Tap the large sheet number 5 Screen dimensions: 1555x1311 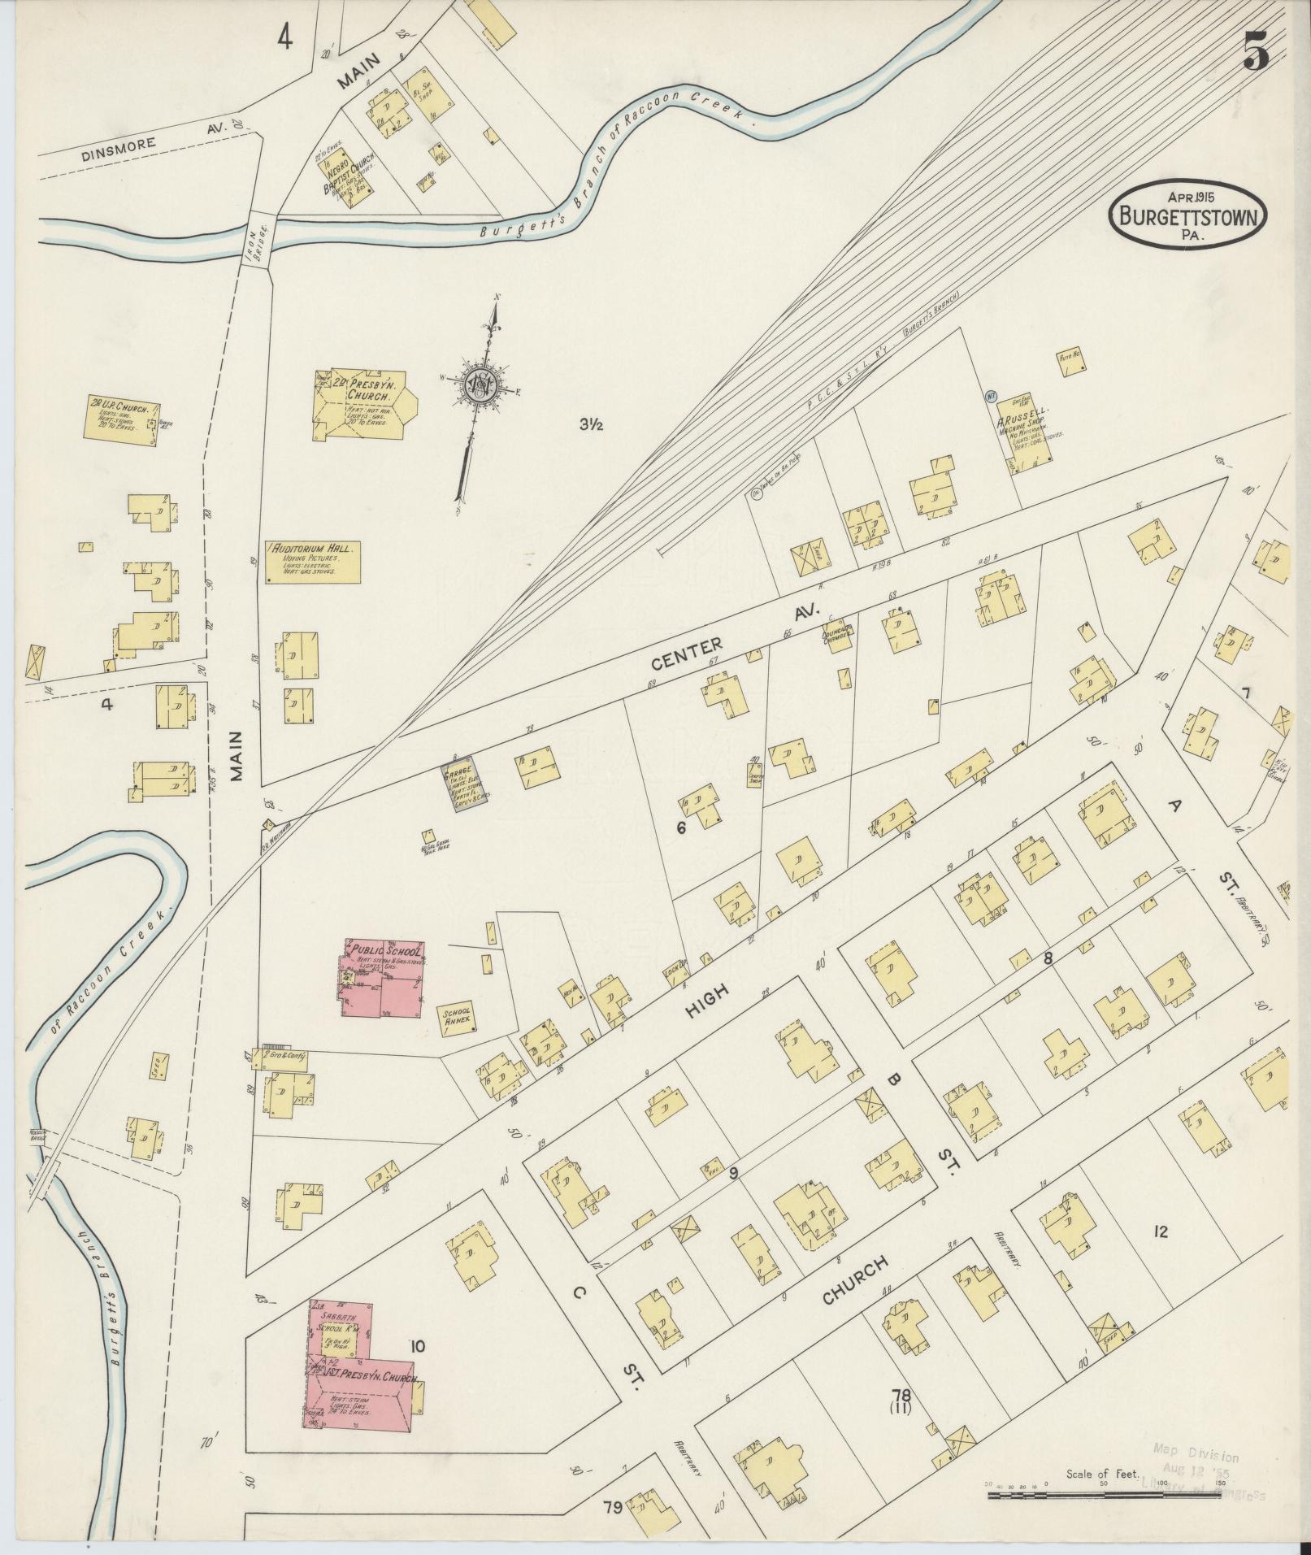click(x=1256, y=55)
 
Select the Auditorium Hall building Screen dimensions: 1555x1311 click(x=313, y=562)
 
